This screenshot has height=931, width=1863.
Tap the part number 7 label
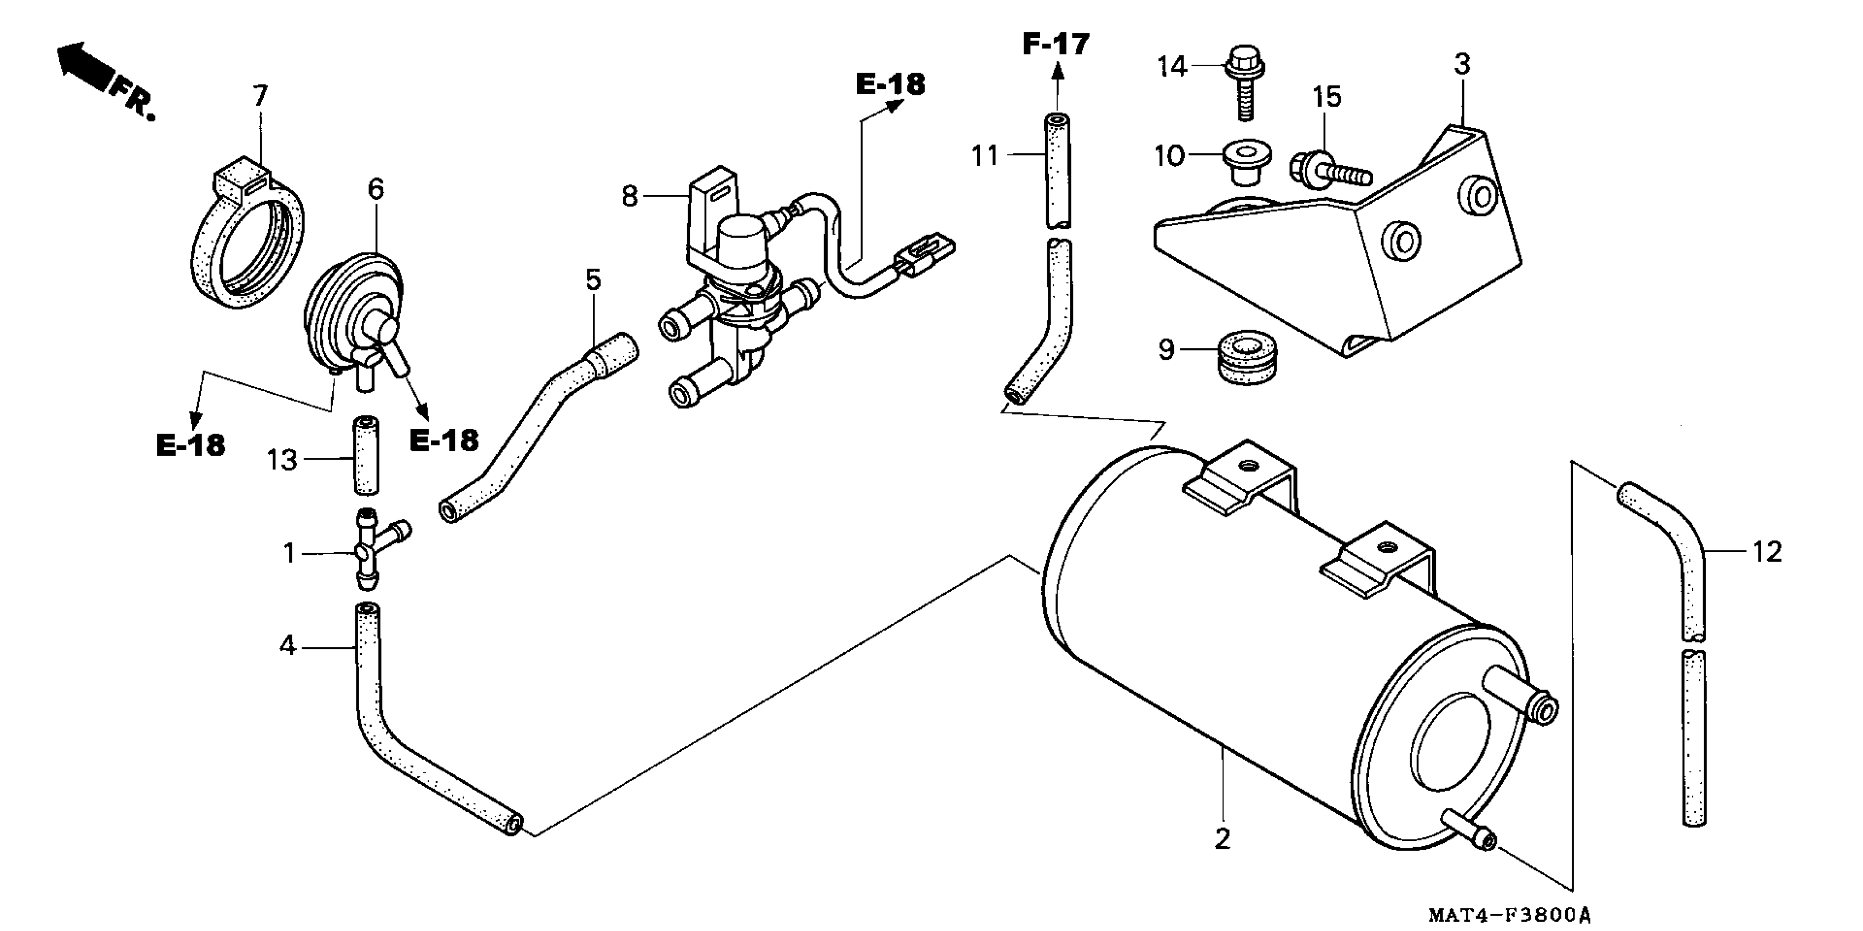[261, 95]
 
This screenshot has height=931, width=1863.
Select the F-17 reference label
[1056, 45]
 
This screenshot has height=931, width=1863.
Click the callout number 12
[1767, 552]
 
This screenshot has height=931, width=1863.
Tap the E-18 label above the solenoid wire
[890, 85]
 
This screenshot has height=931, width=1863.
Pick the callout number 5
[593, 279]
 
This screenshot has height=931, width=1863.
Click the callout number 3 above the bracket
[1462, 65]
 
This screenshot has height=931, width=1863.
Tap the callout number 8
[630, 196]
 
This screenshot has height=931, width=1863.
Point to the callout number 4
[288, 645]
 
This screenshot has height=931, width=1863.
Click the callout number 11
[984, 156]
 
